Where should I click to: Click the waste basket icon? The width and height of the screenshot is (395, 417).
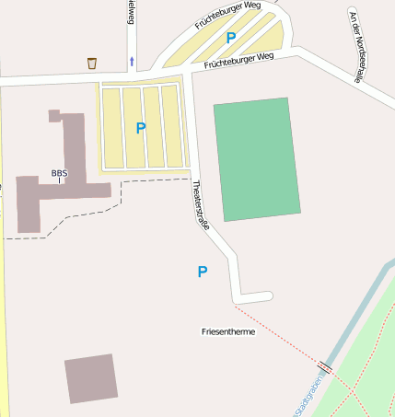click(92, 63)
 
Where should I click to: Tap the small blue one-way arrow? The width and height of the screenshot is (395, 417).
click(131, 62)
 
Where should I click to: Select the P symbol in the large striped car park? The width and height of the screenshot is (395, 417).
click(141, 128)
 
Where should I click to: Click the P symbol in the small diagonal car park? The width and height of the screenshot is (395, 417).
click(231, 38)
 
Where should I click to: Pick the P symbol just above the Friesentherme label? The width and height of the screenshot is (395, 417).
click(203, 271)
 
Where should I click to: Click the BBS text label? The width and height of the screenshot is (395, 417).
click(59, 173)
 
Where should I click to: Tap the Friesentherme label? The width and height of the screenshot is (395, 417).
click(227, 331)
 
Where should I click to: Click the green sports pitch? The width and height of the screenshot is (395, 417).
click(257, 159)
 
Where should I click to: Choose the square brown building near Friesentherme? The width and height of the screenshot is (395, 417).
click(91, 377)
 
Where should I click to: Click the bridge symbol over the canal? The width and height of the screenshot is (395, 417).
click(325, 367)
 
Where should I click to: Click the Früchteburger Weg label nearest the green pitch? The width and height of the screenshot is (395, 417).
click(239, 61)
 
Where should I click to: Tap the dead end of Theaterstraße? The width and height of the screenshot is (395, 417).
click(267, 295)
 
